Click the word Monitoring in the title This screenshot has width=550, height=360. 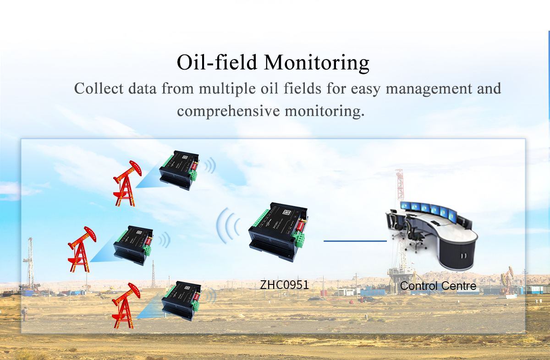click(x=317, y=63)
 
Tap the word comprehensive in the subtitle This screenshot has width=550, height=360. click(x=228, y=111)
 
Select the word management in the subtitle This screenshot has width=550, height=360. click(x=429, y=89)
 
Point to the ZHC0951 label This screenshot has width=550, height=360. click(x=284, y=285)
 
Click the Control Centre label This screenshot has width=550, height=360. click(x=438, y=286)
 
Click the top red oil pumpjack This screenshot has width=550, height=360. click(x=127, y=183)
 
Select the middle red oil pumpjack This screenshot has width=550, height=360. click(x=82, y=249)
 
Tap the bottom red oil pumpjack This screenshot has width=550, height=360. click(x=126, y=305)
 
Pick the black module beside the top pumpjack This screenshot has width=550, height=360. click(x=179, y=170)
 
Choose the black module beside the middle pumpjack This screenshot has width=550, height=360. click(x=133, y=245)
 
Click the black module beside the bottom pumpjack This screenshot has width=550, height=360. click(x=181, y=301)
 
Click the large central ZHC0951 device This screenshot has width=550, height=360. click(x=278, y=232)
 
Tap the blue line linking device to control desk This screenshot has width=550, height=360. click(x=355, y=241)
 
